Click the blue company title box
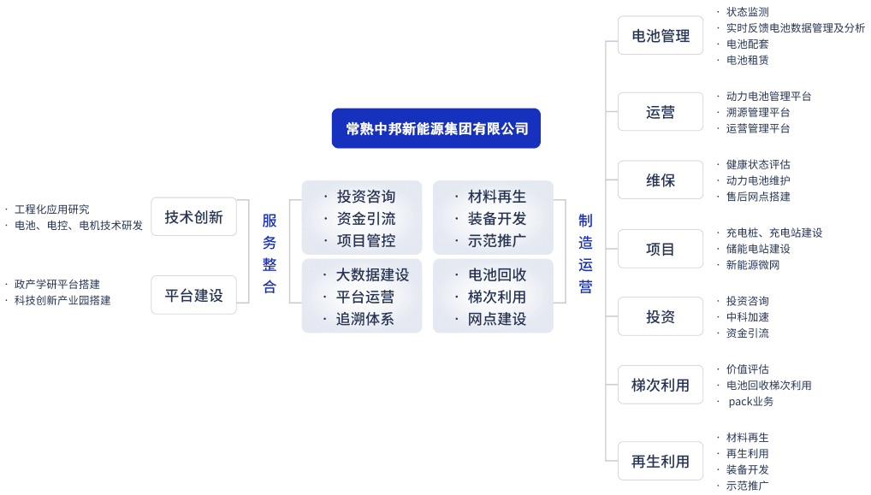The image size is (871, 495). tap(436, 128)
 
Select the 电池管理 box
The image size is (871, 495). tap(661, 36)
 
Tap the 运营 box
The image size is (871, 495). tap(661, 111)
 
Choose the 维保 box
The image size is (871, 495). tap(661, 180)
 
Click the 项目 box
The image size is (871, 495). tap(661, 249)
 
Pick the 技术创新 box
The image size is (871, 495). tap(194, 216)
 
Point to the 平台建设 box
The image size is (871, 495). tap(194, 295)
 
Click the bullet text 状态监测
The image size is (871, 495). tap(748, 12)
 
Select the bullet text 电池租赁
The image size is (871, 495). tap(748, 60)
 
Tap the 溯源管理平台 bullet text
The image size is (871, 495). tap(758, 112)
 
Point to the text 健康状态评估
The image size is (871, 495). tap(758, 164)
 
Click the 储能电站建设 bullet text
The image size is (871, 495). tap(758, 249)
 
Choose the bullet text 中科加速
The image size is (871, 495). tap(748, 317)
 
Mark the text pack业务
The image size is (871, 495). tap(751, 401)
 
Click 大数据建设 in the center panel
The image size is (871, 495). tap(373, 274)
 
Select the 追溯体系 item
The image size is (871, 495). tap(365, 319)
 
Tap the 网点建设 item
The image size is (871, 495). tap(497, 319)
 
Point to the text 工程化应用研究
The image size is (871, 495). tap(51, 209)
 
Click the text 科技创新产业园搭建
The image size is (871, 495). tap(62, 300)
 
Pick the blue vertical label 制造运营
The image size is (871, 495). tap(585, 253)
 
